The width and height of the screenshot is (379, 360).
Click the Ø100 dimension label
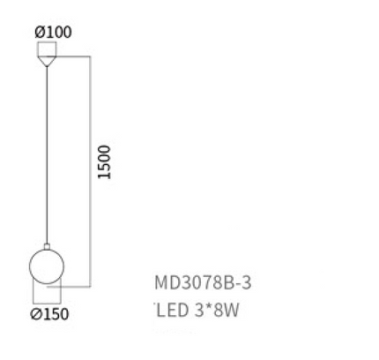[53, 32]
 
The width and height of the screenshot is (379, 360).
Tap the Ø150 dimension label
[49, 314]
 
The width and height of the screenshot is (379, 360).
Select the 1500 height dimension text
[104, 162]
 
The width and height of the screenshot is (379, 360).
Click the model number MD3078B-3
[203, 283]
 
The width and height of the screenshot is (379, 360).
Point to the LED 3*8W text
[198, 310]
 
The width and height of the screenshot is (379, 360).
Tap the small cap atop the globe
[47, 246]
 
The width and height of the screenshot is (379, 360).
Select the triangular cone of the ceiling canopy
[47, 61]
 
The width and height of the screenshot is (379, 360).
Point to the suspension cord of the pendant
[47, 155]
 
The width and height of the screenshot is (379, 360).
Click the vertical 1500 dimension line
[90, 171]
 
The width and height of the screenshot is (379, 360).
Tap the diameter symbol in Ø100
[40, 33]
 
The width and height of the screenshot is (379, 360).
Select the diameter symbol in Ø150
[36, 314]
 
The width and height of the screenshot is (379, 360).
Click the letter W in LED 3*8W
[232, 310]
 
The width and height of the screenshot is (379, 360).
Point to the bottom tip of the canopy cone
[47, 67]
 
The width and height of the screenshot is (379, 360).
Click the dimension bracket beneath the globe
[47, 303]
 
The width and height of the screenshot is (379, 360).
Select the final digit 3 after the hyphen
[247, 283]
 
